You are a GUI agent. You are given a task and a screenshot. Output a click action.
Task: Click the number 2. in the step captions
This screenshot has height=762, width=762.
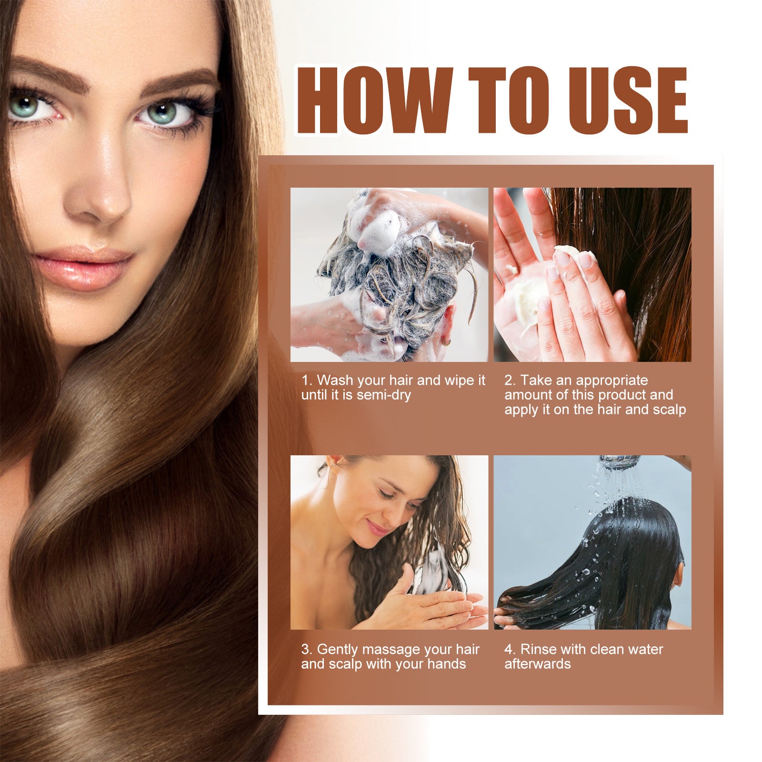pos(510,380)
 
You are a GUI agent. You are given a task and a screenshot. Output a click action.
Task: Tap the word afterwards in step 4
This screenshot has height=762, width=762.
pos(537,664)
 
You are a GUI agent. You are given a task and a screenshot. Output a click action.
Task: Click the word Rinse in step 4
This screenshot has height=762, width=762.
pos(538,649)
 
